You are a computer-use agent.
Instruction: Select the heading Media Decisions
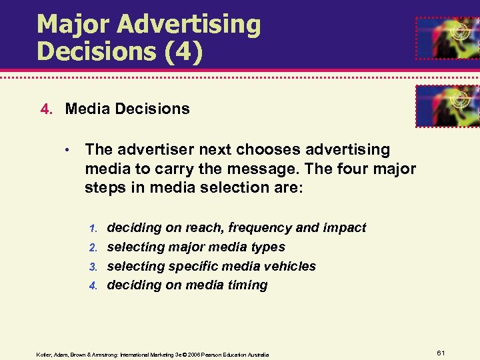tap(127, 109)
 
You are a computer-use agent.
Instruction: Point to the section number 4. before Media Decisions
tap(45, 109)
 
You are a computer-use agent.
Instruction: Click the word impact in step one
tap(344, 228)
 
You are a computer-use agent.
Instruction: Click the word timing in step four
tap(247, 285)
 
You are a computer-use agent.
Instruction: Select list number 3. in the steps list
tap(93, 267)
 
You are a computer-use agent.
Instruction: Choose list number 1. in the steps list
tap(93, 229)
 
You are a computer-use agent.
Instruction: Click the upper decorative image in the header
tap(447, 37)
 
